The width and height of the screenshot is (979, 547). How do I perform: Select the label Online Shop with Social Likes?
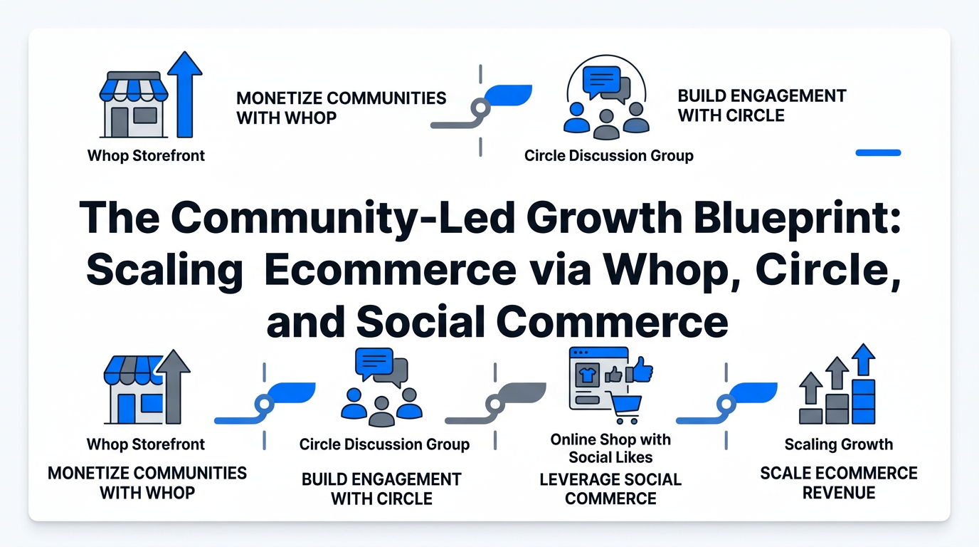(x=610, y=448)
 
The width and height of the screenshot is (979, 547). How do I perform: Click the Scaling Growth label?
(x=838, y=444)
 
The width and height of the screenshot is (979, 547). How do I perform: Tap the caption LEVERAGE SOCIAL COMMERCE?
(x=610, y=489)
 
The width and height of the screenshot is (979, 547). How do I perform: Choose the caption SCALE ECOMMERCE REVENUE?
(x=839, y=482)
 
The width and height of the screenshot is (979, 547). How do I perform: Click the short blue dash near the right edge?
(x=878, y=152)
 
